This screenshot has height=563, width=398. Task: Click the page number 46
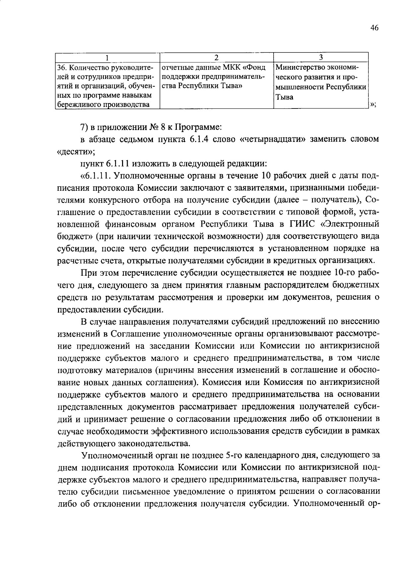[x=374, y=28]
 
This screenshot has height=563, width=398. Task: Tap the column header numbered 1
[x=107, y=57]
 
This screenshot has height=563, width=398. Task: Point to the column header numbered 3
[x=321, y=57]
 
